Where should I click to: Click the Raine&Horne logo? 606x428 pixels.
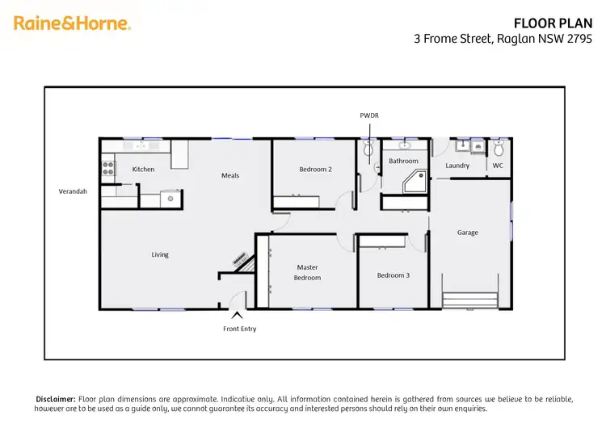pos(72,23)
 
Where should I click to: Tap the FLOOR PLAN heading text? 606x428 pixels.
pos(547,23)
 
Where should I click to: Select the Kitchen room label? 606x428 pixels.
pos(143,170)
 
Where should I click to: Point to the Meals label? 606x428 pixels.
pos(230,175)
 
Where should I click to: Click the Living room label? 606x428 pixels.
pos(160,255)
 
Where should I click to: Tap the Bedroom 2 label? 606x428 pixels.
pos(315,170)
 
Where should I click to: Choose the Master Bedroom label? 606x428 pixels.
pos(308,273)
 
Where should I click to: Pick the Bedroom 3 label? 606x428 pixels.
pos(393,275)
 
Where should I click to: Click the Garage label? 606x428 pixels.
pos(467,233)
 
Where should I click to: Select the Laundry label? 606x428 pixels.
pos(457,166)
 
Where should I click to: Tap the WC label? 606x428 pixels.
pos(498,166)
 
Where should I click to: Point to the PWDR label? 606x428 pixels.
pos(369,115)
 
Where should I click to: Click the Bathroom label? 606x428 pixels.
pos(403,162)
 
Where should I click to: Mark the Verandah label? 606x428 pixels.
pos(73,192)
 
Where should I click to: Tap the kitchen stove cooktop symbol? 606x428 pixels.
pos(107,169)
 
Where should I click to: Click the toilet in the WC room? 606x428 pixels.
pos(499,149)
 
